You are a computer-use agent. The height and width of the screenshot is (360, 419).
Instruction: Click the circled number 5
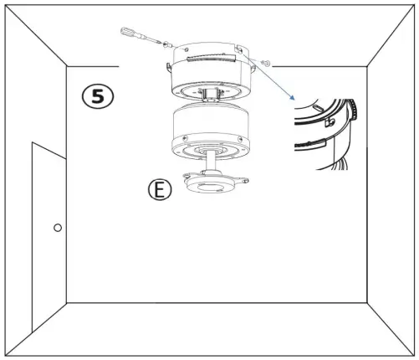(98, 95)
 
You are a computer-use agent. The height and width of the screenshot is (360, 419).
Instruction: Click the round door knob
(57, 228)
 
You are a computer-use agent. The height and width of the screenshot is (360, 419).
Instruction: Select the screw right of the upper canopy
(266, 64)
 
